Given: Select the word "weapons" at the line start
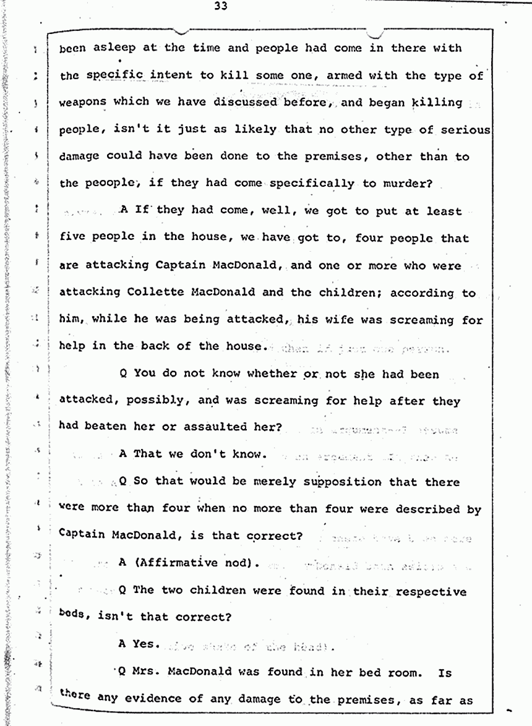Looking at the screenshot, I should click(83, 102).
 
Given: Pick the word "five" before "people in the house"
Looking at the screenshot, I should click(73, 238).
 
